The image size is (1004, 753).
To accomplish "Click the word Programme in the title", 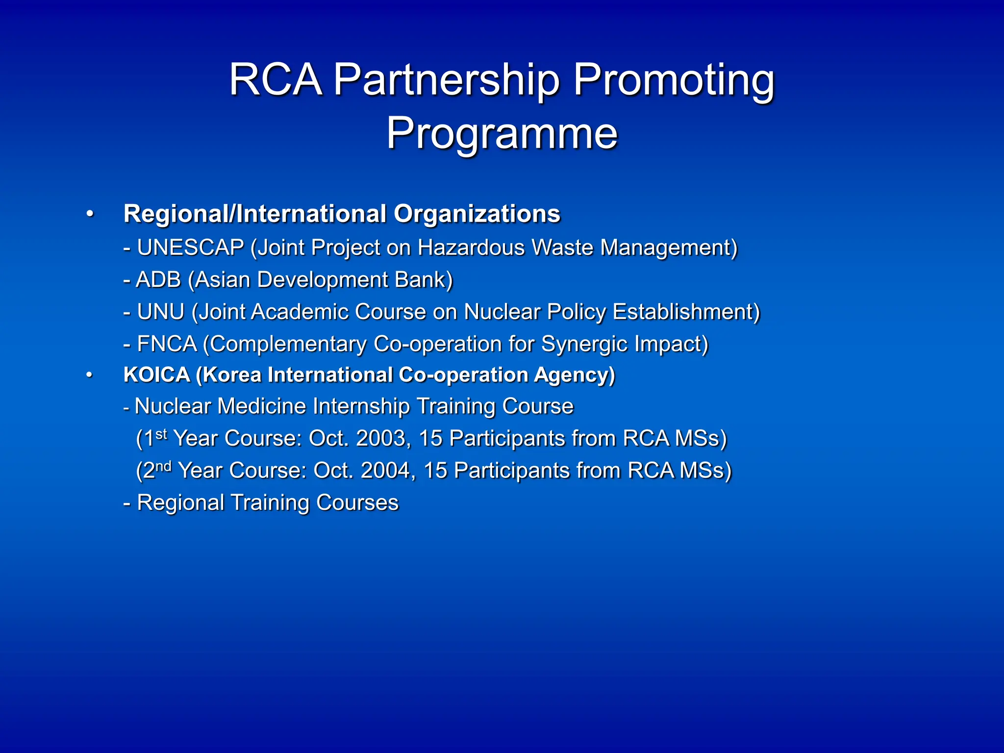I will click(x=502, y=133).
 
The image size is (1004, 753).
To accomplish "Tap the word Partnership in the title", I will click(x=446, y=79).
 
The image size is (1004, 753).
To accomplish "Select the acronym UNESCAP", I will click(x=190, y=248).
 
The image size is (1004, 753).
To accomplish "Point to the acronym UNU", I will click(x=160, y=312).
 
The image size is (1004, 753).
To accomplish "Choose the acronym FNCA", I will click(x=167, y=344).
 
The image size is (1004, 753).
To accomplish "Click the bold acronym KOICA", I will click(x=156, y=375).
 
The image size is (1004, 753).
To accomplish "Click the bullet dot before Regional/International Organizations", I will click(x=89, y=214).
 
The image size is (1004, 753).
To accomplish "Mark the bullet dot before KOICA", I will click(x=89, y=376).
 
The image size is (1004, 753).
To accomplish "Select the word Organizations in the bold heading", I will click(x=477, y=214).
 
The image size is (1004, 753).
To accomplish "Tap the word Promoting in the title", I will click(x=674, y=79).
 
